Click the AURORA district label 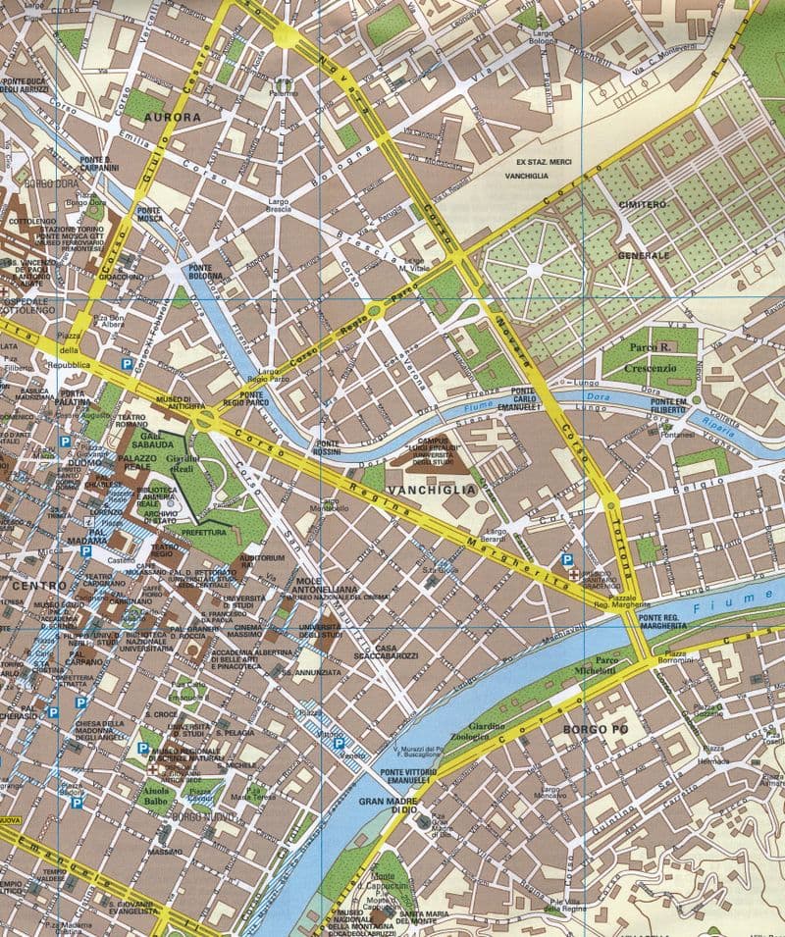pos(172,117)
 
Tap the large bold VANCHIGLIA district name pos(431,489)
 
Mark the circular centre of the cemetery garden pos(533,269)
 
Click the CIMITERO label pos(643,204)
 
